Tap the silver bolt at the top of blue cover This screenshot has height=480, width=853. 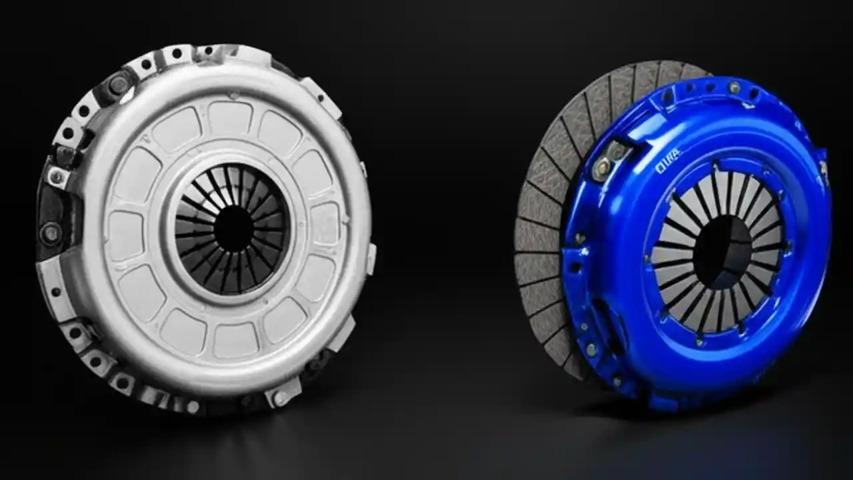pos(734,87)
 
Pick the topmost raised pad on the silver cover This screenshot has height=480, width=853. pos(230,118)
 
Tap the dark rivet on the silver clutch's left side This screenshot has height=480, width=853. pos(50,233)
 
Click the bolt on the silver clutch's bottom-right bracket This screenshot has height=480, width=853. pos(281,398)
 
